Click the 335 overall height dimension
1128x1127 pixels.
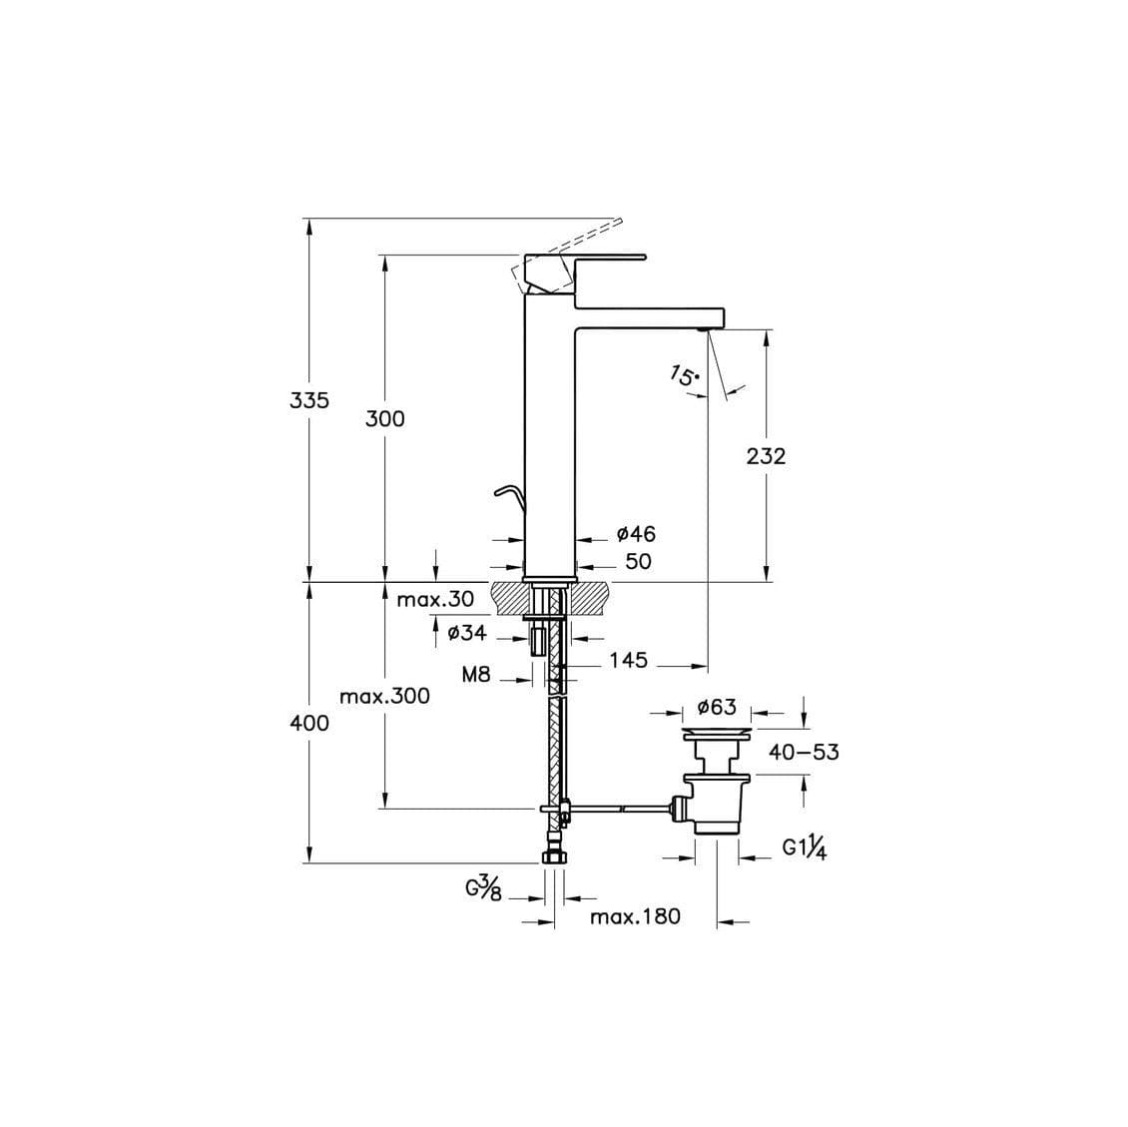(x=309, y=400)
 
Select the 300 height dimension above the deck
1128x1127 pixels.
(x=384, y=419)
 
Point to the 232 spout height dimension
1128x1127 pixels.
(x=766, y=456)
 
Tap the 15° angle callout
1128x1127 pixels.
(x=685, y=377)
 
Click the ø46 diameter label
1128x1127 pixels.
(x=636, y=535)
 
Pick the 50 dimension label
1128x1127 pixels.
(x=637, y=561)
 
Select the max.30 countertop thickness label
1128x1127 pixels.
(x=435, y=600)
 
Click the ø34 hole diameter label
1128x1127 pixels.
(x=467, y=633)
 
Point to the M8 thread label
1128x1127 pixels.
(x=476, y=675)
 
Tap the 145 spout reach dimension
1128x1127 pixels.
(x=628, y=660)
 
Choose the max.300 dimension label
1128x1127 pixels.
(x=384, y=696)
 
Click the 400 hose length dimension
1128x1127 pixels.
(x=309, y=723)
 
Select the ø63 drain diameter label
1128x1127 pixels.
(x=716, y=708)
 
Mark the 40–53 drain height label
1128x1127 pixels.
(x=804, y=753)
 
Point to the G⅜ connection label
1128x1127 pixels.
(x=483, y=886)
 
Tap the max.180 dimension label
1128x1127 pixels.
(x=635, y=916)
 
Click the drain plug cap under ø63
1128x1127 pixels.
(x=716, y=734)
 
